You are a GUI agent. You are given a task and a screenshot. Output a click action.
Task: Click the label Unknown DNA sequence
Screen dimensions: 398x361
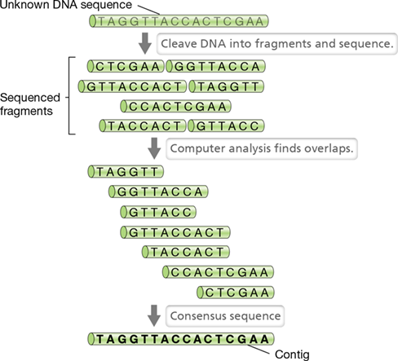pos(66,5)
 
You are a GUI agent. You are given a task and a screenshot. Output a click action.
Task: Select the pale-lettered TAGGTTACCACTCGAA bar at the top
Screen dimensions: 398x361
pos(179,21)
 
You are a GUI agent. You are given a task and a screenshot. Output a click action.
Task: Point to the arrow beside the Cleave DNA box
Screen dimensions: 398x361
pos(145,43)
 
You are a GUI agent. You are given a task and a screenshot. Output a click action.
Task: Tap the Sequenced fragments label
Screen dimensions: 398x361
pos(30,104)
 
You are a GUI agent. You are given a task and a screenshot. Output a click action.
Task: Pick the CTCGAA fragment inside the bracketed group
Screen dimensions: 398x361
pos(126,66)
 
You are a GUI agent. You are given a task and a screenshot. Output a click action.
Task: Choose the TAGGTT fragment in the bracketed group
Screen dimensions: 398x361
pos(226,86)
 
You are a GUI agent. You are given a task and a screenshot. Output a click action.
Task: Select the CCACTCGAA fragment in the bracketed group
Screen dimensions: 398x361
pos(175,106)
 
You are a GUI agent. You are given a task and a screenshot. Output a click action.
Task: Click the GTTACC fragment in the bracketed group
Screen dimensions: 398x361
pos(226,125)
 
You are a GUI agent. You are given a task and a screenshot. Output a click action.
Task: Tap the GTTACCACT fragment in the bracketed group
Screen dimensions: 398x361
pos(132,86)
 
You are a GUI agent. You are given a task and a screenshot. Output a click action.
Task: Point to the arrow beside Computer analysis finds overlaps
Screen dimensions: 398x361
pos(154,148)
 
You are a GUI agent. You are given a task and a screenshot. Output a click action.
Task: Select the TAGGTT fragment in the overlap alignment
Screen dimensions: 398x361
pos(126,172)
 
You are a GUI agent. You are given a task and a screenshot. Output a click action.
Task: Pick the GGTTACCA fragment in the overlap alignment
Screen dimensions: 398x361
pos(158,192)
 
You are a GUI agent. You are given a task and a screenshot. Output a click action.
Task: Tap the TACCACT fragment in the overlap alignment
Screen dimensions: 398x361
pos(186,252)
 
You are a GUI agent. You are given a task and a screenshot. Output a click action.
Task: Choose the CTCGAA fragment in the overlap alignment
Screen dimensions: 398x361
pos(236,293)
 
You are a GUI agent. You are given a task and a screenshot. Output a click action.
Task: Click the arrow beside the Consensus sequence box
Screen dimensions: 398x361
pos(154,315)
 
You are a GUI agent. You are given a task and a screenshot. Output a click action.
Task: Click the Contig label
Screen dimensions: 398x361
pos(292,354)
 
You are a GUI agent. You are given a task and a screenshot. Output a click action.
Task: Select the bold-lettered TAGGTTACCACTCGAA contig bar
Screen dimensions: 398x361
pos(181,339)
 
